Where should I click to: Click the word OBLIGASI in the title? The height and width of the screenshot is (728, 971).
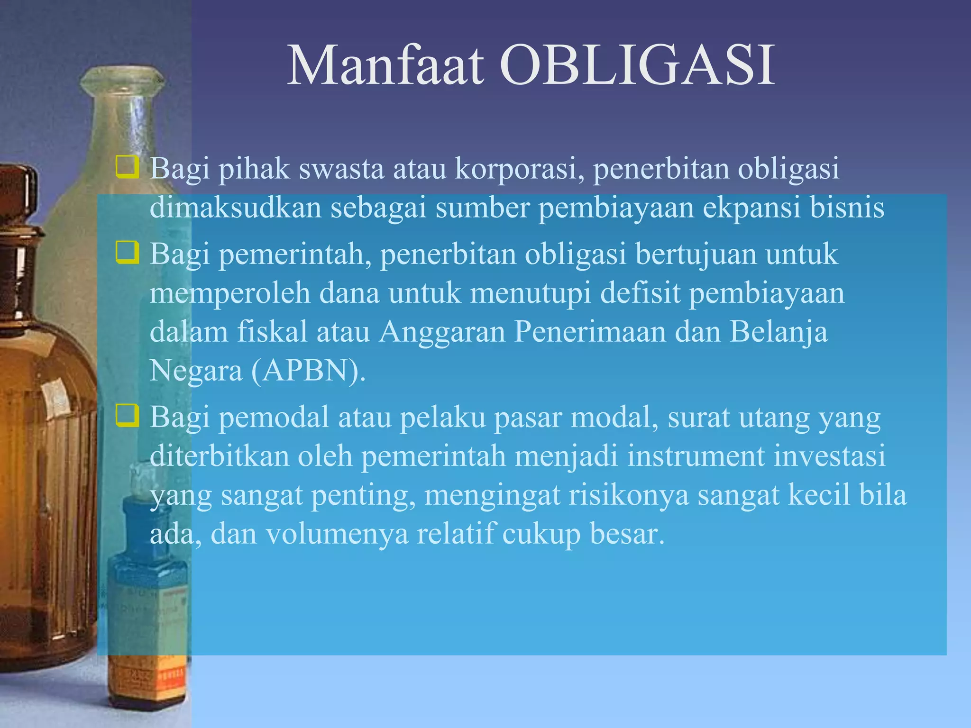(637, 66)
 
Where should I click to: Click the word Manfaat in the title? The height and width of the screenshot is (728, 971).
(386, 66)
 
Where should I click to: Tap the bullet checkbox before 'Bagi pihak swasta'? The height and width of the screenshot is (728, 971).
(127, 168)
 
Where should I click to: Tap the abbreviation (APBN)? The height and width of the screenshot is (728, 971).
(308, 370)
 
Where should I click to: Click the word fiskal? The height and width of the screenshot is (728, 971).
(272, 331)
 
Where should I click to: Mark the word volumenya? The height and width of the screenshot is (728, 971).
(337, 534)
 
